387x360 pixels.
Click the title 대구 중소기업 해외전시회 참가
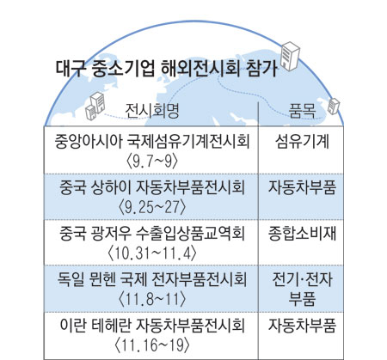point(166,68)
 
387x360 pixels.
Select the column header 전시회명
point(152,110)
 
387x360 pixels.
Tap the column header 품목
point(302,110)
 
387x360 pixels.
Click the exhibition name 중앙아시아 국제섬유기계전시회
point(152,142)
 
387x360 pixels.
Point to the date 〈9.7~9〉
point(152,162)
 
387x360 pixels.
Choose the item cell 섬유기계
point(302,142)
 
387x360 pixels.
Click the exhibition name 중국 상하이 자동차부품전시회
point(152,187)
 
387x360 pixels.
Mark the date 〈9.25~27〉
point(152,207)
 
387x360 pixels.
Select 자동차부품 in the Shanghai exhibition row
point(302,187)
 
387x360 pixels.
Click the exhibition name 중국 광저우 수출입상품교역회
point(152,234)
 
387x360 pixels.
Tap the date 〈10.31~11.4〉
point(152,253)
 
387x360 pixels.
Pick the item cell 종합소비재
point(302,234)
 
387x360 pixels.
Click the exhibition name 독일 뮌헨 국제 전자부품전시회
point(152,279)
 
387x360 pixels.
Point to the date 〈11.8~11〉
point(152,299)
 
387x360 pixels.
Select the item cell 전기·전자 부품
point(302,289)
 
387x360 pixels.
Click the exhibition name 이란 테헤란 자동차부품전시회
point(152,325)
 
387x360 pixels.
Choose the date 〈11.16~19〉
point(152,345)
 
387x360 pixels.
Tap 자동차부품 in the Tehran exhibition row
point(302,325)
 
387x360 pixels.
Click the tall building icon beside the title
point(290,56)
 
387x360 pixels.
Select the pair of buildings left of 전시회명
point(95,106)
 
